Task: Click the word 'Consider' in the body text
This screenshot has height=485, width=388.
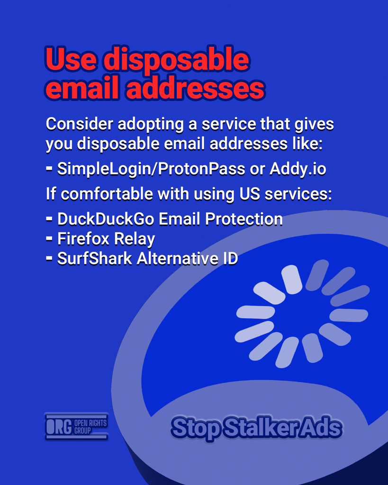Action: click(80, 124)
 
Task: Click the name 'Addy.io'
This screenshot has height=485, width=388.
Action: click(298, 169)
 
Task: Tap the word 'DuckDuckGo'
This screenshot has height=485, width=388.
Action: click(106, 219)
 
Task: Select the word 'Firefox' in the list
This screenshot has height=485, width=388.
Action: click(83, 239)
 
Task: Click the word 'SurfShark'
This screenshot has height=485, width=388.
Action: click(95, 258)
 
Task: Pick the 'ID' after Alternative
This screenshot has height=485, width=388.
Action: click(231, 258)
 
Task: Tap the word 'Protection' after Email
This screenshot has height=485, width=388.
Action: click(244, 219)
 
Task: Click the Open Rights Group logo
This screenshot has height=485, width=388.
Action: click(76, 427)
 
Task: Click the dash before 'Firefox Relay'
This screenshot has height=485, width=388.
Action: click(49, 239)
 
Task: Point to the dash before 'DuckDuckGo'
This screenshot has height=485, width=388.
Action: click(49, 219)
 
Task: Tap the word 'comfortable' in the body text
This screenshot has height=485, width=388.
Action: click(107, 194)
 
